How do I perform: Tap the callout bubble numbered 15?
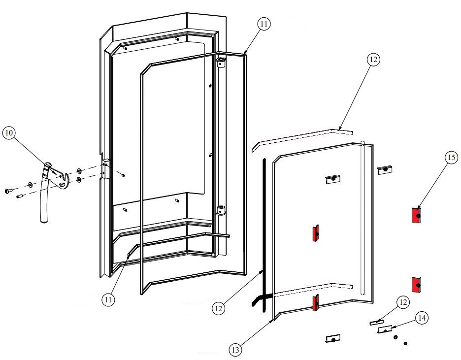[x=451, y=158]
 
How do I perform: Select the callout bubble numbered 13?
[x=236, y=350]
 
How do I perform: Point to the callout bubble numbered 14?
[x=421, y=319]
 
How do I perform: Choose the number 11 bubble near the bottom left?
[x=109, y=299]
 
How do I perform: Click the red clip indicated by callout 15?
[x=416, y=215]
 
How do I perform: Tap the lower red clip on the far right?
[x=416, y=284]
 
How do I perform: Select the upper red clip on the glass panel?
[x=315, y=233]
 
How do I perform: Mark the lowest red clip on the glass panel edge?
[x=314, y=303]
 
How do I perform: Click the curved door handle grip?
[x=45, y=197]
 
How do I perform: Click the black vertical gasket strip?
[x=264, y=231]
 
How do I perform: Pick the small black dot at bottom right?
[x=405, y=343]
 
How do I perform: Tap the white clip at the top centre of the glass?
[x=333, y=179]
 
